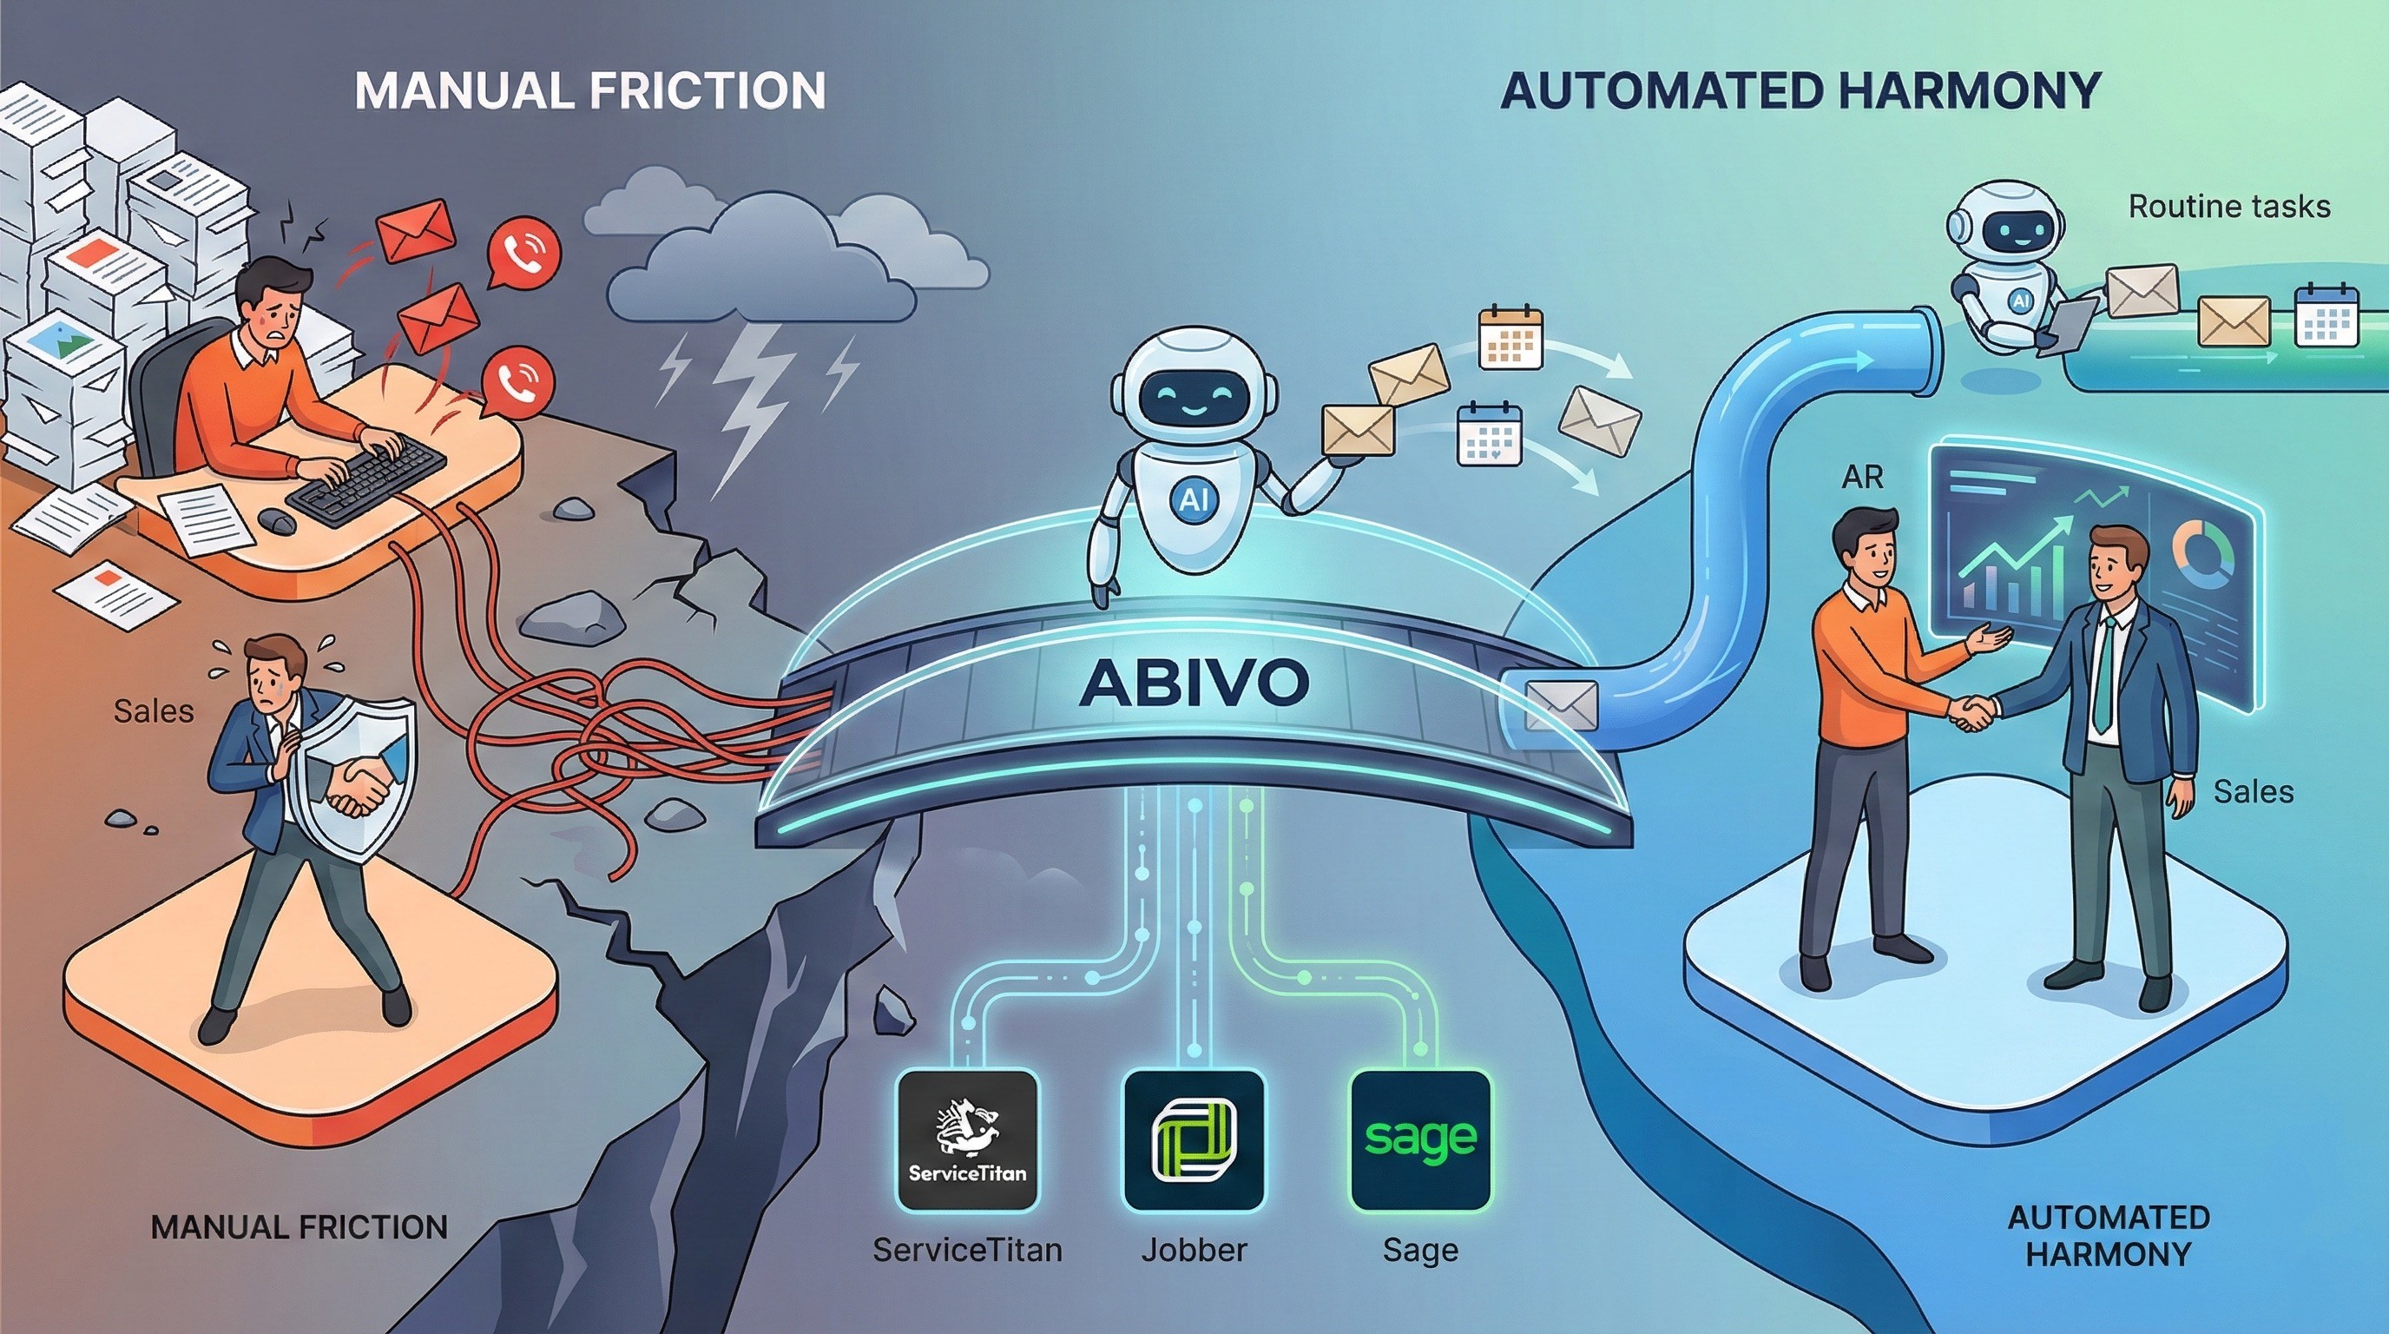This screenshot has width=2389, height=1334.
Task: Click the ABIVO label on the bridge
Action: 1194,683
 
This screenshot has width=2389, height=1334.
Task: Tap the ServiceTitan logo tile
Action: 967,1140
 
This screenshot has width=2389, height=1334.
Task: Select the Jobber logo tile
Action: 1194,1140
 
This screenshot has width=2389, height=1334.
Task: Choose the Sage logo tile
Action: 1420,1140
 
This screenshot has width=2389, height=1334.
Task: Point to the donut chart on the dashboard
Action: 2209,556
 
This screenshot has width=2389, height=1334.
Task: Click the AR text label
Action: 1862,477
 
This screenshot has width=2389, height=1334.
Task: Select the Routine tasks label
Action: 2228,206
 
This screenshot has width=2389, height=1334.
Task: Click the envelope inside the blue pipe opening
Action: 1560,705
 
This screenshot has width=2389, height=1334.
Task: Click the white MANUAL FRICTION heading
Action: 589,91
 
